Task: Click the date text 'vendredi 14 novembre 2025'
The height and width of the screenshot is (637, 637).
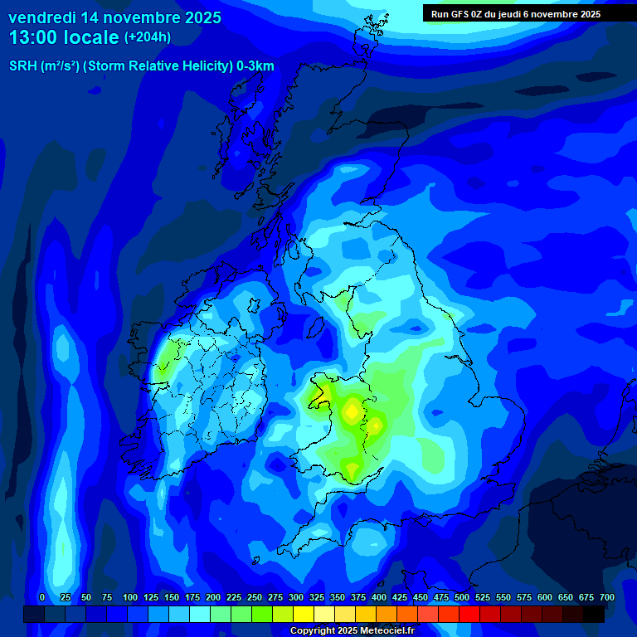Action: (114, 17)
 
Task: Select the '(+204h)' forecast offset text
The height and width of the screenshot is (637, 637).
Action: (148, 37)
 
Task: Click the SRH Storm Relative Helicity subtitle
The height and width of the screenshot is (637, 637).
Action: (141, 66)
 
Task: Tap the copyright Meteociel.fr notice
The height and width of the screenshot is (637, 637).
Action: (352, 630)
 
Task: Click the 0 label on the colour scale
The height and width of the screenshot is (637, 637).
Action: (42, 597)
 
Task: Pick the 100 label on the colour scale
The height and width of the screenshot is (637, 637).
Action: (130, 597)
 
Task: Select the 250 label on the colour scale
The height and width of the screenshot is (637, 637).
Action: (255, 597)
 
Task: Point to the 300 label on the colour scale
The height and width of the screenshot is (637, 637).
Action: (296, 597)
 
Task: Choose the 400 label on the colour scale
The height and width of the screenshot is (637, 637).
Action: (379, 597)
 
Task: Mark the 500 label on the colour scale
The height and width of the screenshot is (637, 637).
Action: (462, 597)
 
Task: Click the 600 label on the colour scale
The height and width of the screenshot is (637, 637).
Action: (545, 597)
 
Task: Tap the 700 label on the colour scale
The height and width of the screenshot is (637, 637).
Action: (607, 597)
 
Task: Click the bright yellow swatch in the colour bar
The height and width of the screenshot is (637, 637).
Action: (304, 614)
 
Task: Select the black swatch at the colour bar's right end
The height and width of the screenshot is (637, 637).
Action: (594, 614)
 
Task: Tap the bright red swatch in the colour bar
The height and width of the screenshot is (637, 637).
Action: (469, 614)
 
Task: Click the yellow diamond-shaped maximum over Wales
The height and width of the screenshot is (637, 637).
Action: (353, 410)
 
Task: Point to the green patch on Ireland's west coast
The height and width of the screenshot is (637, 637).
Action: (170, 355)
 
